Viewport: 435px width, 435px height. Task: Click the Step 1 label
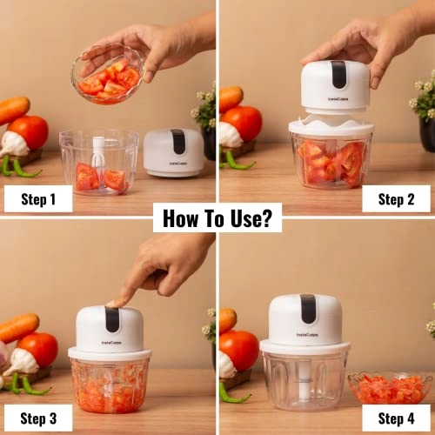[x=38, y=199]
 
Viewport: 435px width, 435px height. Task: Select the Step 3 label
[x=38, y=419]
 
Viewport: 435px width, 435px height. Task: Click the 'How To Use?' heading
[x=217, y=217]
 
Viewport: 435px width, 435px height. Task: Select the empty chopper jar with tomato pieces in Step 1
[x=98, y=163]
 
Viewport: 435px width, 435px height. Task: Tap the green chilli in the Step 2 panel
[x=237, y=162]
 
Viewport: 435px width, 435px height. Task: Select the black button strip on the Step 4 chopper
[x=308, y=308]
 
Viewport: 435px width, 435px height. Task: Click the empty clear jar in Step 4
[x=304, y=379]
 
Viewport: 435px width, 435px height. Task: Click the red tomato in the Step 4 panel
[x=239, y=349]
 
